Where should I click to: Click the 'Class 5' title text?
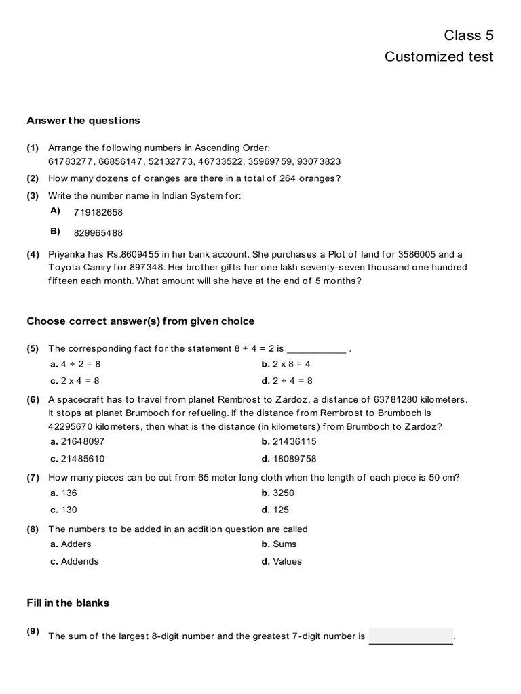(x=469, y=35)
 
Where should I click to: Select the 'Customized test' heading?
(x=439, y=57)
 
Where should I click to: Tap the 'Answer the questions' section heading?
(x=83, y=121)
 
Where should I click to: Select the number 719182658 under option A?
(x=98, y=213)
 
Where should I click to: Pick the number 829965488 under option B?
(x=98, y=233)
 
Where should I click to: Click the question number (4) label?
(x=33, y=255)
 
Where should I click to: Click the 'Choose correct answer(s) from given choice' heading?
(x=140, y=321)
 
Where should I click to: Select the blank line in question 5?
(x=317, y=350)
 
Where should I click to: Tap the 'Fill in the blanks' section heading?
(x=68, y=603)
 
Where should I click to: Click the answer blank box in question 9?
(x=411, y=636)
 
